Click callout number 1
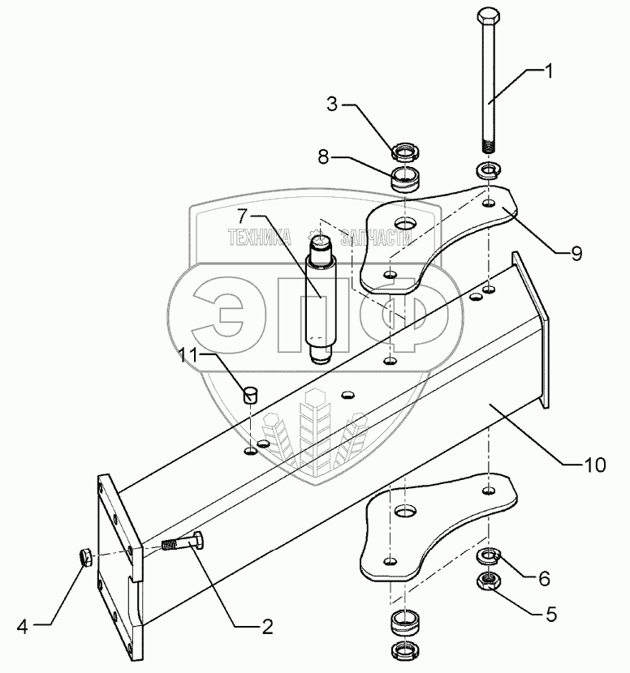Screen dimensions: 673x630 tap(550, 71)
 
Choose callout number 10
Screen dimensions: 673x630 tap(595, 464)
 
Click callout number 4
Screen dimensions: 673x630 tap(23, 626)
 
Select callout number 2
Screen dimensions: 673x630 tap(265, 626)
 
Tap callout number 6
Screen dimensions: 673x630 tap(544, 578)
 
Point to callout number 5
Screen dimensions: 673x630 tap(551, 614)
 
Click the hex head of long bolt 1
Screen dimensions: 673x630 tap(490, 17)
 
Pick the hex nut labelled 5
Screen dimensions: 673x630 tap(488, 580)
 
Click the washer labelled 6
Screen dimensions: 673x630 tap(488, 555)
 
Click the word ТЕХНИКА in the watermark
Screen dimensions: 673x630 tap(260, 238)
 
